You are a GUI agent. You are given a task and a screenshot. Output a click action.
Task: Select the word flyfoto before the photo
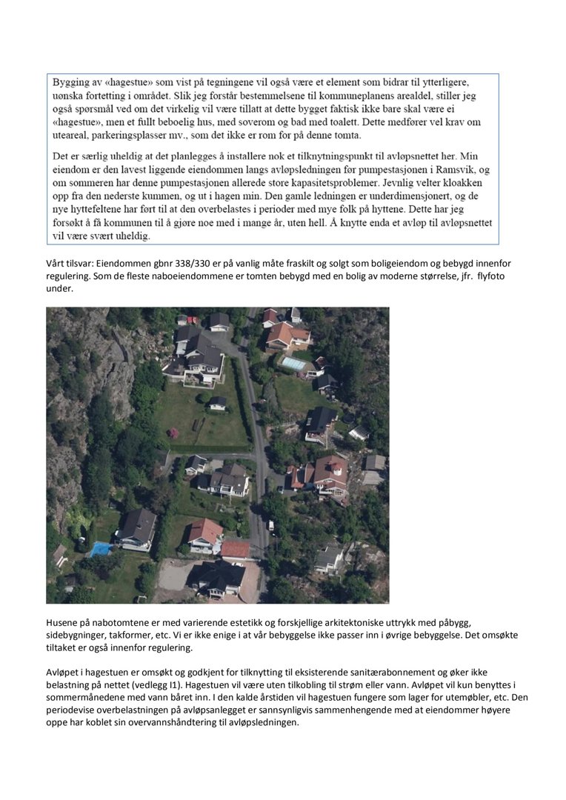pos(489,276)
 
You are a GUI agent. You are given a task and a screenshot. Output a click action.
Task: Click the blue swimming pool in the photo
pos(100,549)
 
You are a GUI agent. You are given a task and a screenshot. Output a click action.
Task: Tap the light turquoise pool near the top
pos(293,363)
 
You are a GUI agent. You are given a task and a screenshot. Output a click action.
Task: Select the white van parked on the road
pos(270,525)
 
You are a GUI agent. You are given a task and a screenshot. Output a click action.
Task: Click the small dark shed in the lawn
pos(218,402)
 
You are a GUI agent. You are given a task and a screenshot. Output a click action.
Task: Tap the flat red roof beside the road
pos(236,549)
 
